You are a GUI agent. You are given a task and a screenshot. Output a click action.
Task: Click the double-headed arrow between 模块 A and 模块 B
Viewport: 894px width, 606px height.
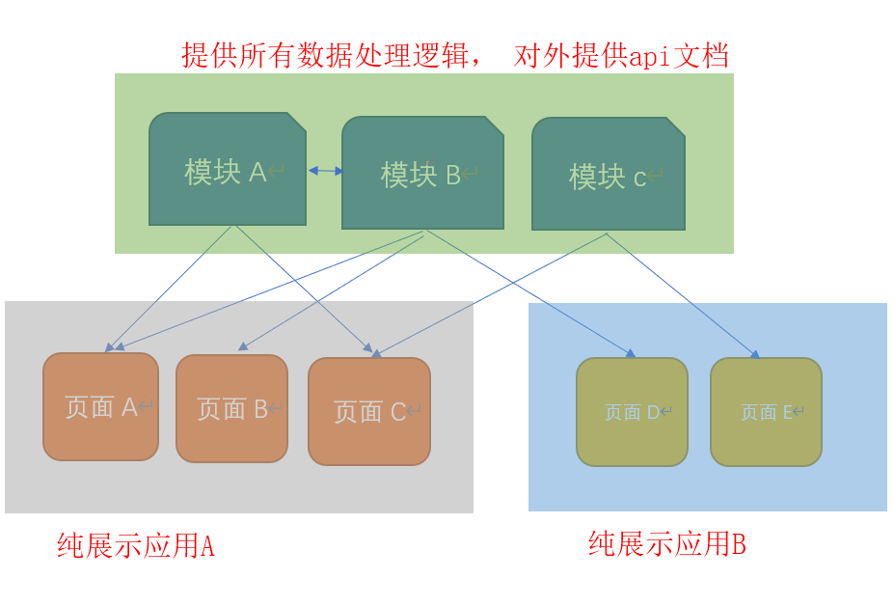[326, 171]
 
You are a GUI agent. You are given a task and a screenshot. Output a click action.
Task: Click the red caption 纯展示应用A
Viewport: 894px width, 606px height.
[136, 546]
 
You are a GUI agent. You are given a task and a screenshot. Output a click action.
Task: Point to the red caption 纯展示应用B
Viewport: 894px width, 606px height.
[667, 544]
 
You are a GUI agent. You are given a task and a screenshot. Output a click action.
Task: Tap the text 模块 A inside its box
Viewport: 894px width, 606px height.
[226, 172]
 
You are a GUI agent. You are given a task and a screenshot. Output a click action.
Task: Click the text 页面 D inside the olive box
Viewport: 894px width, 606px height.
[632, 413]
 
